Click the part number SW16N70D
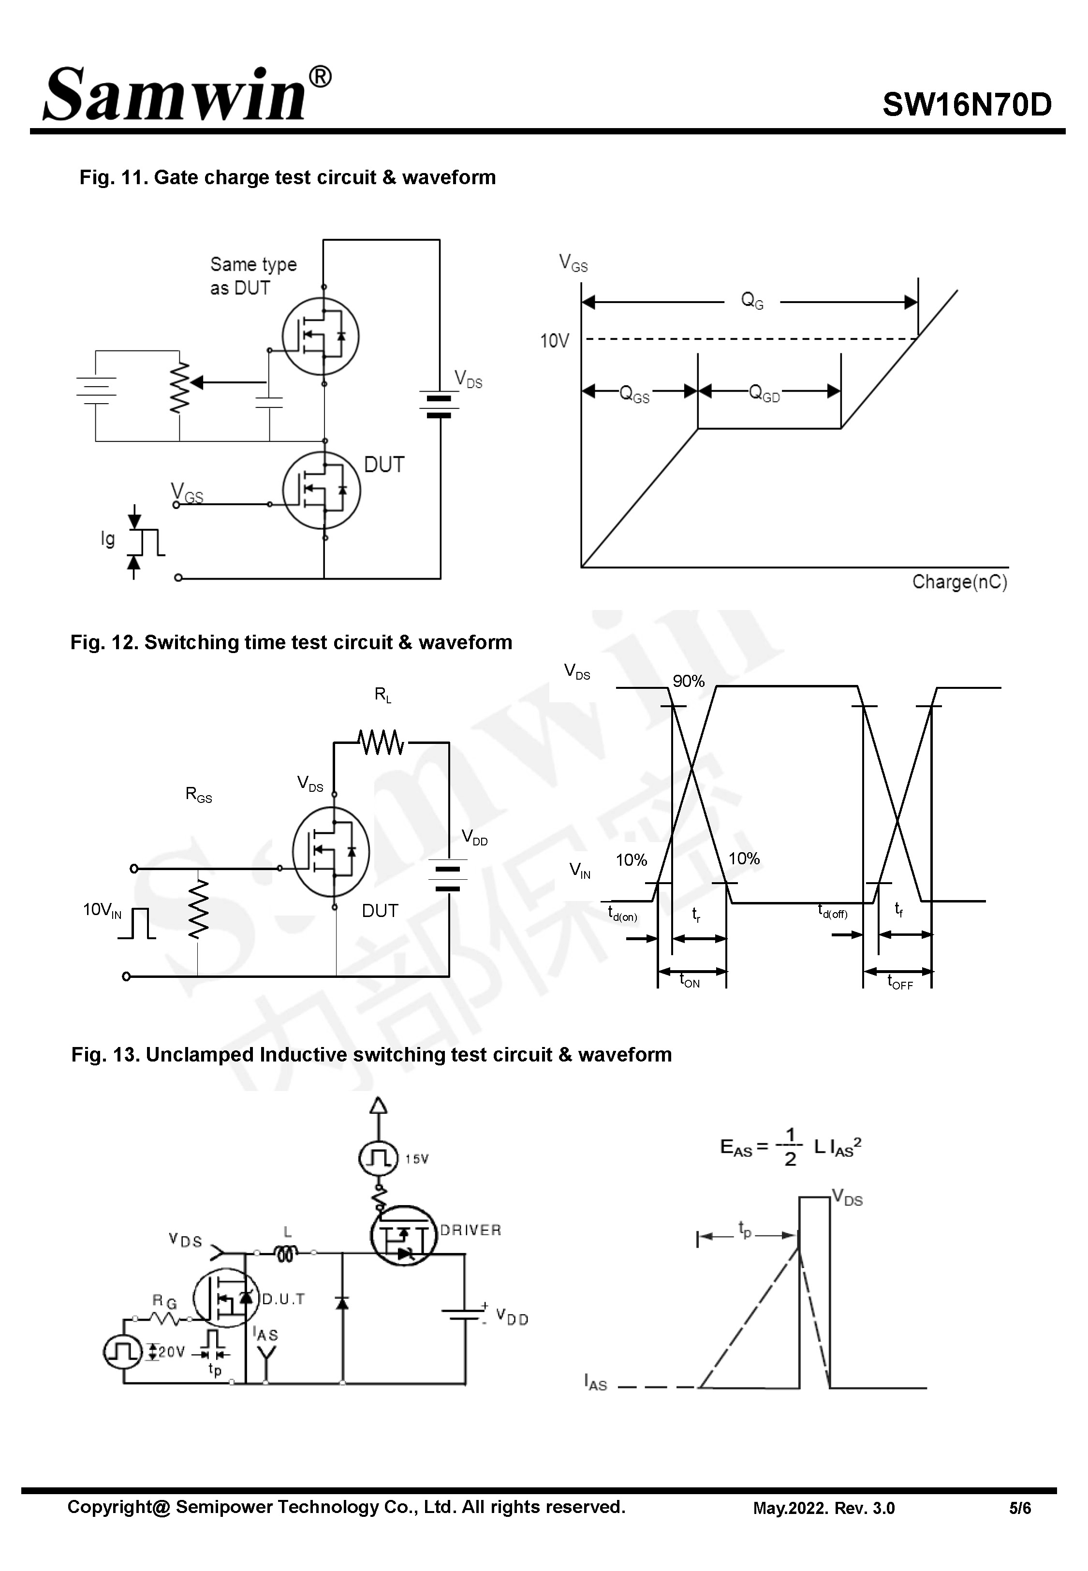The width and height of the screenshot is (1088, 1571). (967, 105)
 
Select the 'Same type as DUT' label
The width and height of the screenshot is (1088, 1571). (252, 276)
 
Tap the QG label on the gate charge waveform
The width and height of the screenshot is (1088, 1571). (752, 301)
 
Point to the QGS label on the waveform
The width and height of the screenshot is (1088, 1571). (634, 394)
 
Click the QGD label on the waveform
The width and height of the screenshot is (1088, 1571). (764, 393)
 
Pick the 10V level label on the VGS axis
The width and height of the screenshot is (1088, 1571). (554, 341)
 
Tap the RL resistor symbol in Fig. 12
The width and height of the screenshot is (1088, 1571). (381, 742)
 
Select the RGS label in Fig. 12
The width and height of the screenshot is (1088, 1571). (198, 794)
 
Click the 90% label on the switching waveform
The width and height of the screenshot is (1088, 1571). (689, 681)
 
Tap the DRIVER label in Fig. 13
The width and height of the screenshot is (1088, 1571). (470, 1230)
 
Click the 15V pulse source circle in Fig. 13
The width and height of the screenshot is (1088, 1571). (378, 1158)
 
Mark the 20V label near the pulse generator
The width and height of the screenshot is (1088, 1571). (171, 1352)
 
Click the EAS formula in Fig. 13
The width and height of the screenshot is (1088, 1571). (791, 1147)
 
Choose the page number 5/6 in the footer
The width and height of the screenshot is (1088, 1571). (1020, 1508)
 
